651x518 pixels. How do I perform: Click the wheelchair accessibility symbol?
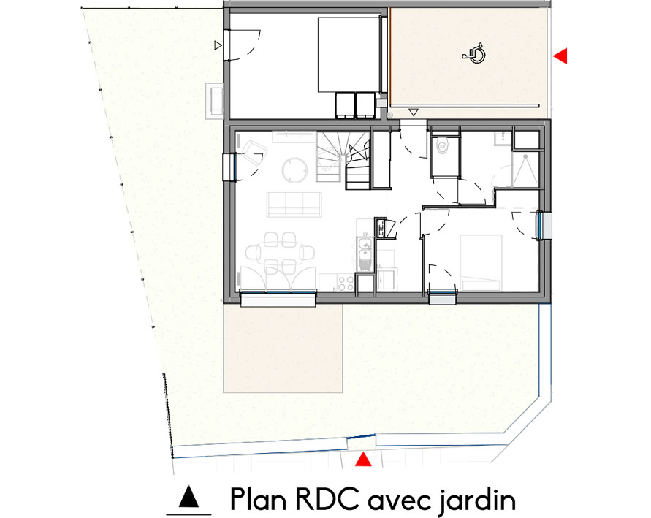tap(476, 54)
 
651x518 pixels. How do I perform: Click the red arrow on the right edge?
tap(560, 56)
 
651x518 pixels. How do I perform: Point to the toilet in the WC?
tap(442, 148)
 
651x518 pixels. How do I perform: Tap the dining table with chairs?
tap(280, 251)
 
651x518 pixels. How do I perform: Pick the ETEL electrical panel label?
tap(381, 228)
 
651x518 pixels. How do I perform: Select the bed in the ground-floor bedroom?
tap(479, 259)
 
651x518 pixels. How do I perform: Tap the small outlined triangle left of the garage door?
tap(217, 45)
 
